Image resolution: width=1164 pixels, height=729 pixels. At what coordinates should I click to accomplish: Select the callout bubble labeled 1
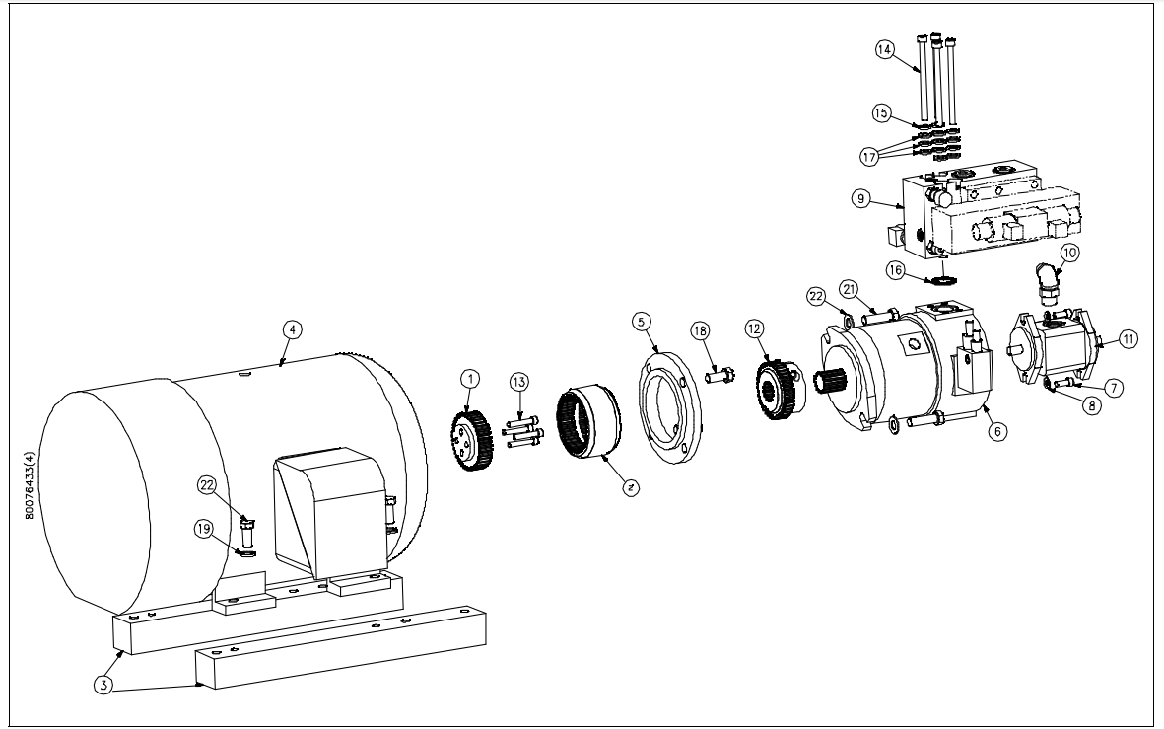point(471,378)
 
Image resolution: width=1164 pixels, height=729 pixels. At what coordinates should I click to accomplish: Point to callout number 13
point(519,382)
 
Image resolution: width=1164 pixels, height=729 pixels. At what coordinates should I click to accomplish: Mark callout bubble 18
point(701,330)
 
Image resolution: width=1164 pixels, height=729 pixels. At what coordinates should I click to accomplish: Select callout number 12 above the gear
point(756,327)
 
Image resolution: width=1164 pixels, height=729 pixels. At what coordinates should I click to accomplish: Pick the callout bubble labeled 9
point(860,196)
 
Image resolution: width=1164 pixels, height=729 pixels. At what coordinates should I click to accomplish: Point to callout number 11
point(1128,338)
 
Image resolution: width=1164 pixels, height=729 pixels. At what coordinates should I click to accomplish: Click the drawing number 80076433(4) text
point(28,474)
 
